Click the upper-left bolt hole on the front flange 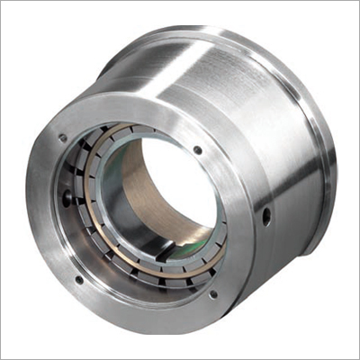pos(62,138)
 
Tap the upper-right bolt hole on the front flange pos(197,149)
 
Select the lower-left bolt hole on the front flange pos(79,279)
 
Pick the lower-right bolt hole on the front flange pos(213,292)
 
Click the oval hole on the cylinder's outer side pos(267,216)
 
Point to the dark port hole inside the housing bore pos(67,191)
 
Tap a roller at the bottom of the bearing pos(153,270)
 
